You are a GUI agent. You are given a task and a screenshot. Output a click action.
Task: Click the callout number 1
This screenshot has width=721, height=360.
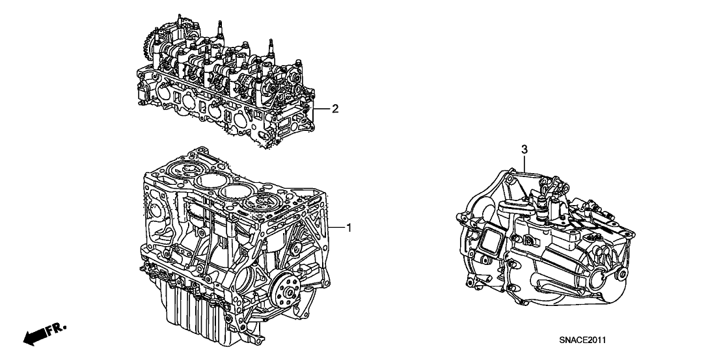[349, 227]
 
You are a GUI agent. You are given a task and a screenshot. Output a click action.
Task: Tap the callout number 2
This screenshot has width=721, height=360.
[335, 109]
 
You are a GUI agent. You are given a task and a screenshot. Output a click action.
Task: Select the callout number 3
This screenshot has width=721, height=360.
[524, 150]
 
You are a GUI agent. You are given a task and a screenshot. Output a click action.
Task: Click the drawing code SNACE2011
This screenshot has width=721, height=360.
[582, 340]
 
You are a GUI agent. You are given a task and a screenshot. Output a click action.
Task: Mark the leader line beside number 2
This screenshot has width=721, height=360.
[321, 109]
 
